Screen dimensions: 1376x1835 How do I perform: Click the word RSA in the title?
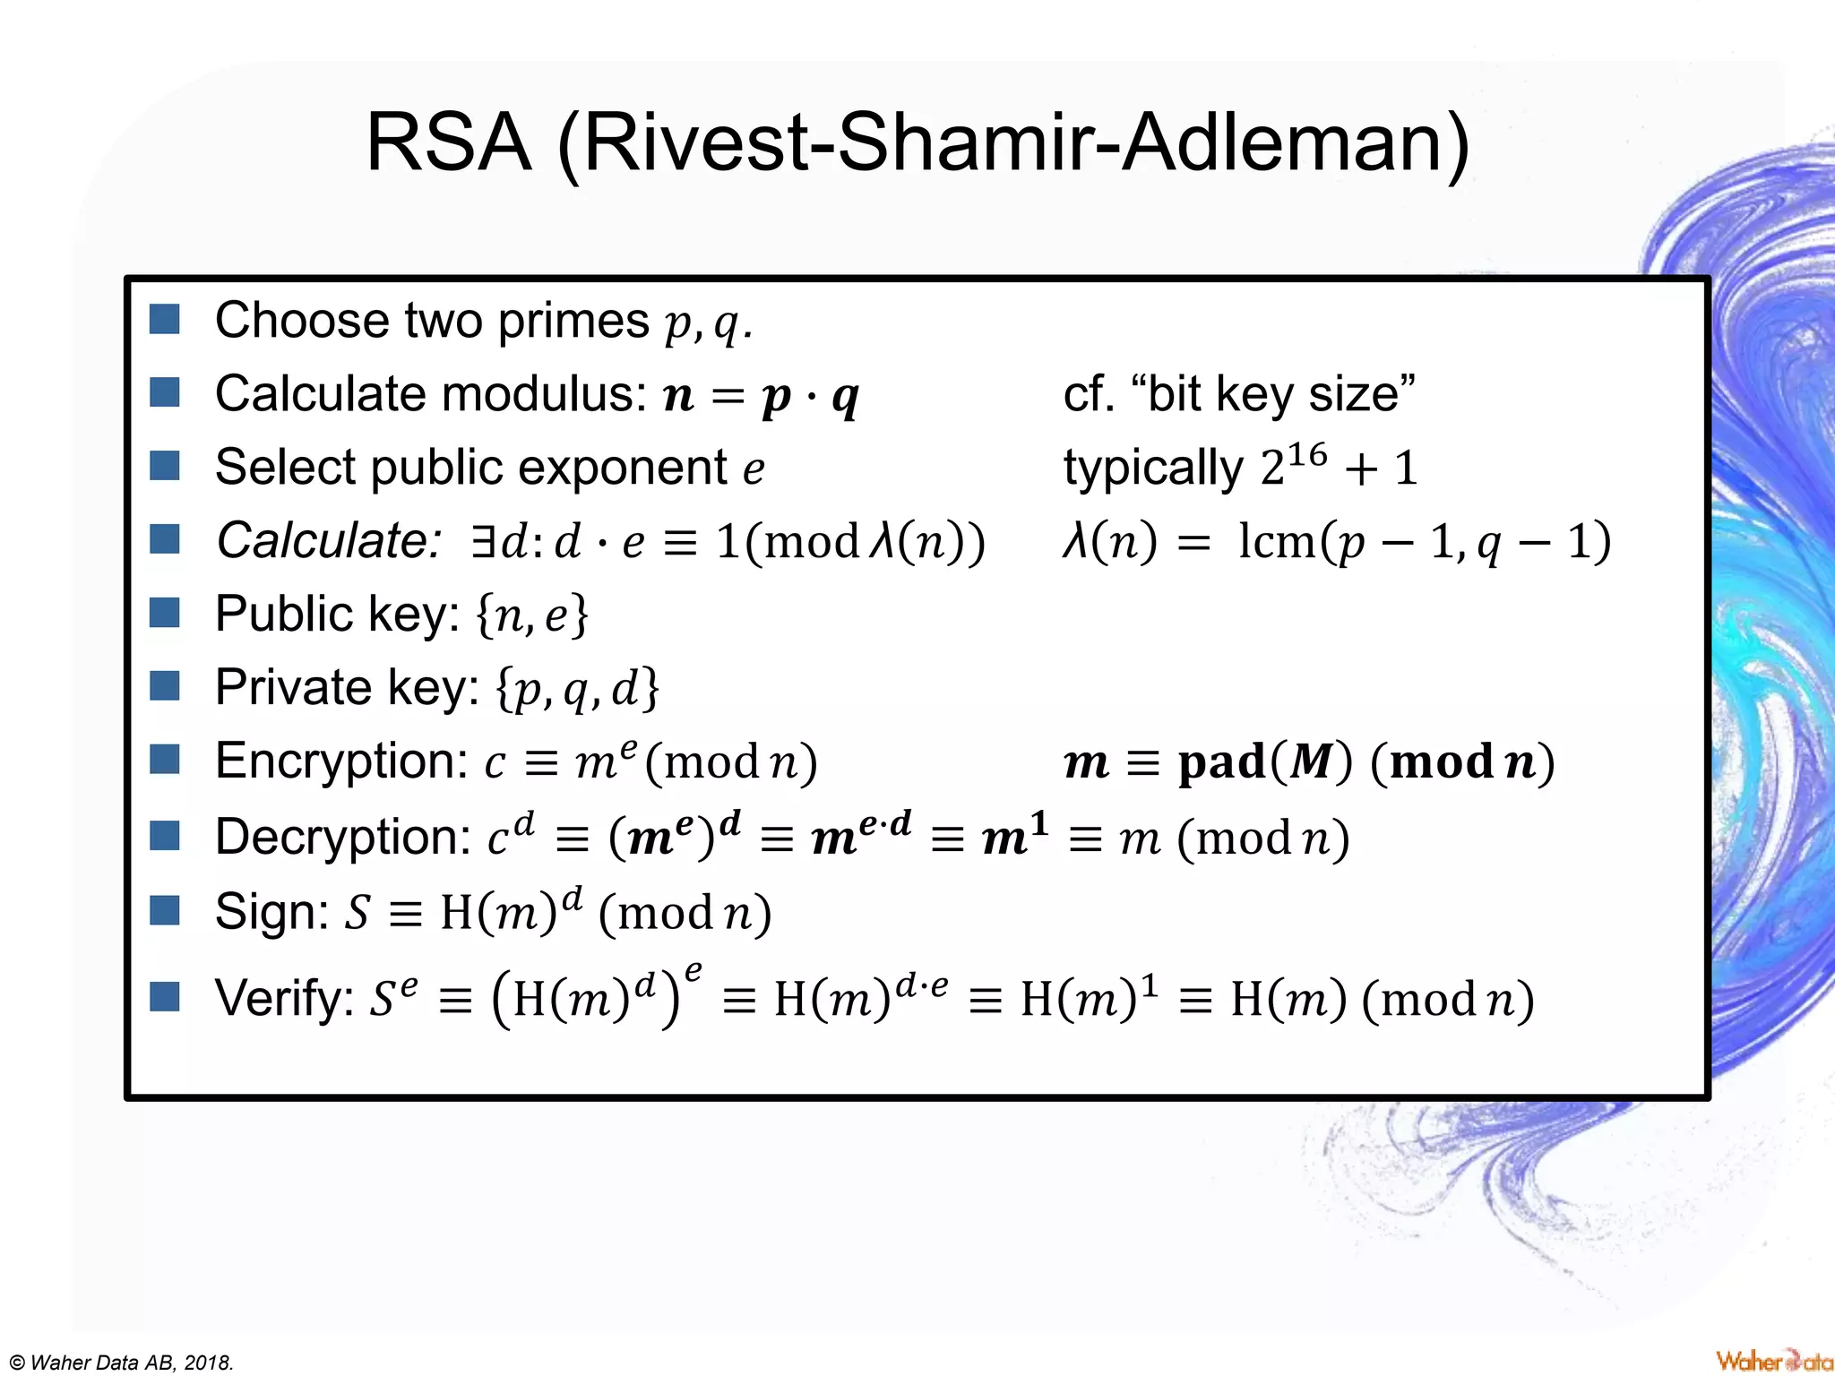tap(449, 143)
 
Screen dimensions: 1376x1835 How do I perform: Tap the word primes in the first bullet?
tap(573, 321)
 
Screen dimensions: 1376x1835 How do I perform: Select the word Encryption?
tap(341, 761)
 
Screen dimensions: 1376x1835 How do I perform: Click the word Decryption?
tap(343, 838)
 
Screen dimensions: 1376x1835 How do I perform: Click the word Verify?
tap(285, 998)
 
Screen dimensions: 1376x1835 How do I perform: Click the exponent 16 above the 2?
tap(1306, 455)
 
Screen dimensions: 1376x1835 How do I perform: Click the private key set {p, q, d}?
tap(578, 689)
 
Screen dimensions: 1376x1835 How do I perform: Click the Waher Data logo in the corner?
tap(1774, 1361)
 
